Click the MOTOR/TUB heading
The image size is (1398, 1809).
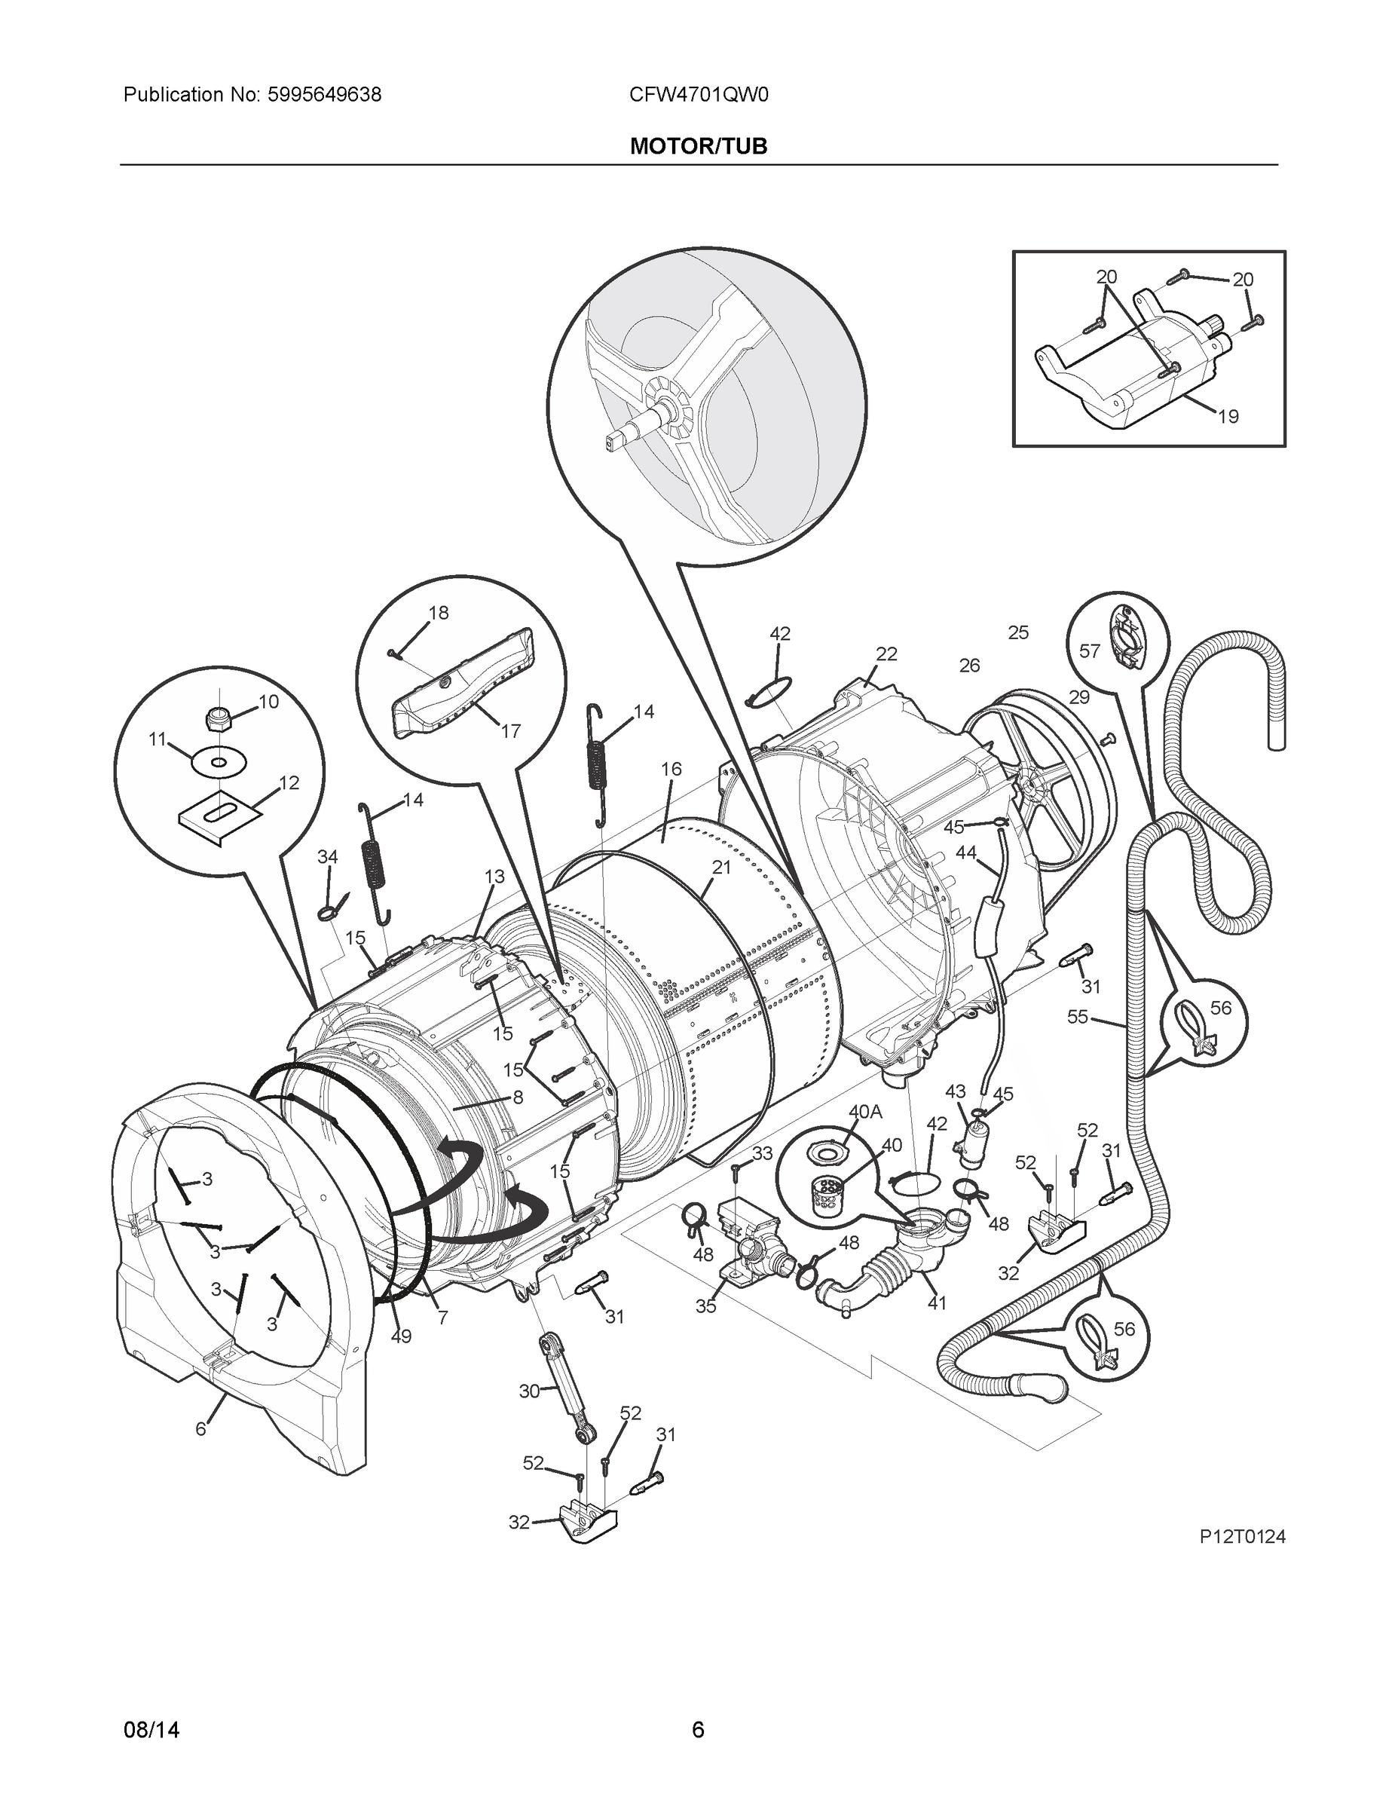(x=698, y=147)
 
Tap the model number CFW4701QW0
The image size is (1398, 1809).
(x=698, y=95)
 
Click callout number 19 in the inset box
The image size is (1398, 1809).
(x=1228, y=417)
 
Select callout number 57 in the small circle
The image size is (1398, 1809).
(x=1089, y=651)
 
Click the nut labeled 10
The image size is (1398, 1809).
(x=217, y=719)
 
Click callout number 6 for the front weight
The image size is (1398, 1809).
(x=200, y=1429)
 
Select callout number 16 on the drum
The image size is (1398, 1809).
(x=671, y=769)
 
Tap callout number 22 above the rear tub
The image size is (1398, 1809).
(x=886, y=654)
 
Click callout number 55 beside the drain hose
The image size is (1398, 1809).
(x=1077, y=1016)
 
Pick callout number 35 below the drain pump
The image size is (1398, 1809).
(x=705, y=1306)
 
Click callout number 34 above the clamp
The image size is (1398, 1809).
(x=328, y=857)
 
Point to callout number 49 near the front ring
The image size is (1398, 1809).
(x=401, y=1336)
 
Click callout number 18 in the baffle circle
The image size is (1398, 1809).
(x=438, y=612)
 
